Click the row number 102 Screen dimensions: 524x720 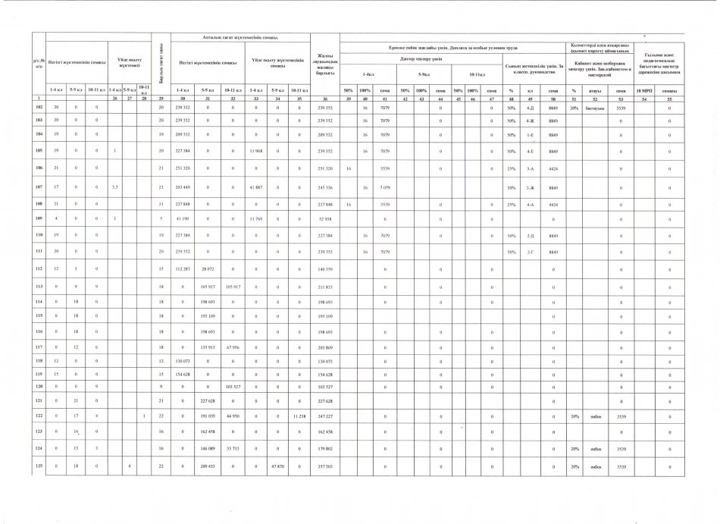coord(38,108)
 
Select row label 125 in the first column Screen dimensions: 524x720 coord(38,466)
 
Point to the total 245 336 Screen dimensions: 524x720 coord(324,187)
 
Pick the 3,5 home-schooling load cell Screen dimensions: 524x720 coord(115,187)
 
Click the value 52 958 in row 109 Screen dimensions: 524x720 coord(324,219)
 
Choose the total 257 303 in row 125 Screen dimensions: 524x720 coord(324,466)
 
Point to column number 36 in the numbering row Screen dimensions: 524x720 coord(324,99)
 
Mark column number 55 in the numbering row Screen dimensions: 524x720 coord(670,99)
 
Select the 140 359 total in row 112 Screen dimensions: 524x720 coord(324,268)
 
